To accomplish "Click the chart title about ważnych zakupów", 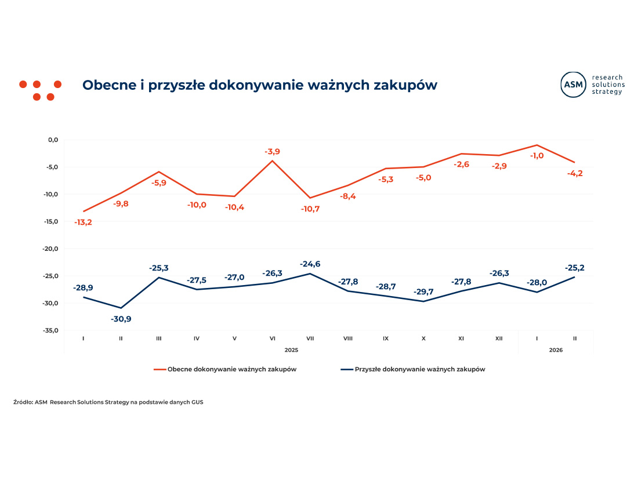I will [x=259, y=85].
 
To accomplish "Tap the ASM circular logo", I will [x=573, y=85].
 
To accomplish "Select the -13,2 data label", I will [x=83, y=222].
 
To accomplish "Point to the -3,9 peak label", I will [x=272, y=152].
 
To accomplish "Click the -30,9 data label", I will [x=121, y=319].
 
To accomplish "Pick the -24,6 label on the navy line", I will [x=310, y=264].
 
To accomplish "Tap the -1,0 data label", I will [x=536, y=155].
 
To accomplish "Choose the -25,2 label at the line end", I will [x=574, y=268].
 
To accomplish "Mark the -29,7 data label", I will [x=423, y=291].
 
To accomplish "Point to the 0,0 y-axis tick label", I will [x=53, y=140].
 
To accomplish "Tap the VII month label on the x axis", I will [x=310, y=338].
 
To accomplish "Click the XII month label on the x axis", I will [x=499, y=338].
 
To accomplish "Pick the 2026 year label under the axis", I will [x=556, y=349].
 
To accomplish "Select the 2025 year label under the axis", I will [x=291, y=349].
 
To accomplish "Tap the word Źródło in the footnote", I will [x=23, y=402].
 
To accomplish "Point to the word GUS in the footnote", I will [x=197, y=402].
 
